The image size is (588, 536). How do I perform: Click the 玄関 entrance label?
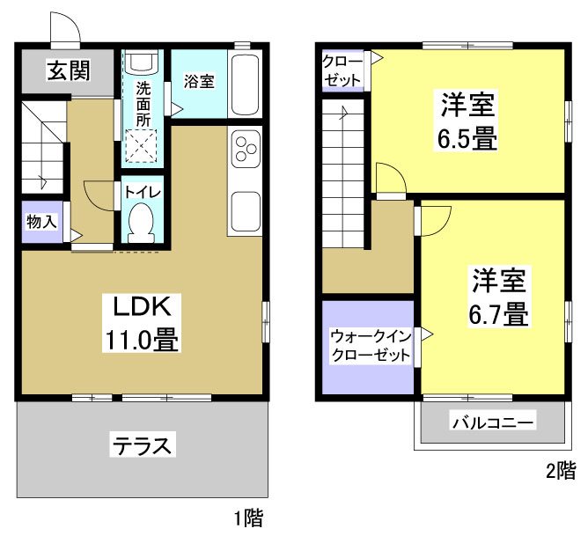click(68, 70)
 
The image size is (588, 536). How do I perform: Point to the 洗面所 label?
click(142, 104)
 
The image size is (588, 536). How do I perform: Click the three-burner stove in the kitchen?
click(245, 147)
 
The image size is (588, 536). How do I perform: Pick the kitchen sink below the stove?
click(245, 211)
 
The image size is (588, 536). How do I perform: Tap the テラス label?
click(141, 444)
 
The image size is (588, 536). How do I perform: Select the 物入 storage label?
click(41, 221)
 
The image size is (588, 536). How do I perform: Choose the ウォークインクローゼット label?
click(371, 346)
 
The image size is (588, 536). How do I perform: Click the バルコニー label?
click(493, 423)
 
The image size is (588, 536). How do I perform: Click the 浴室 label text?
click(199, 81)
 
